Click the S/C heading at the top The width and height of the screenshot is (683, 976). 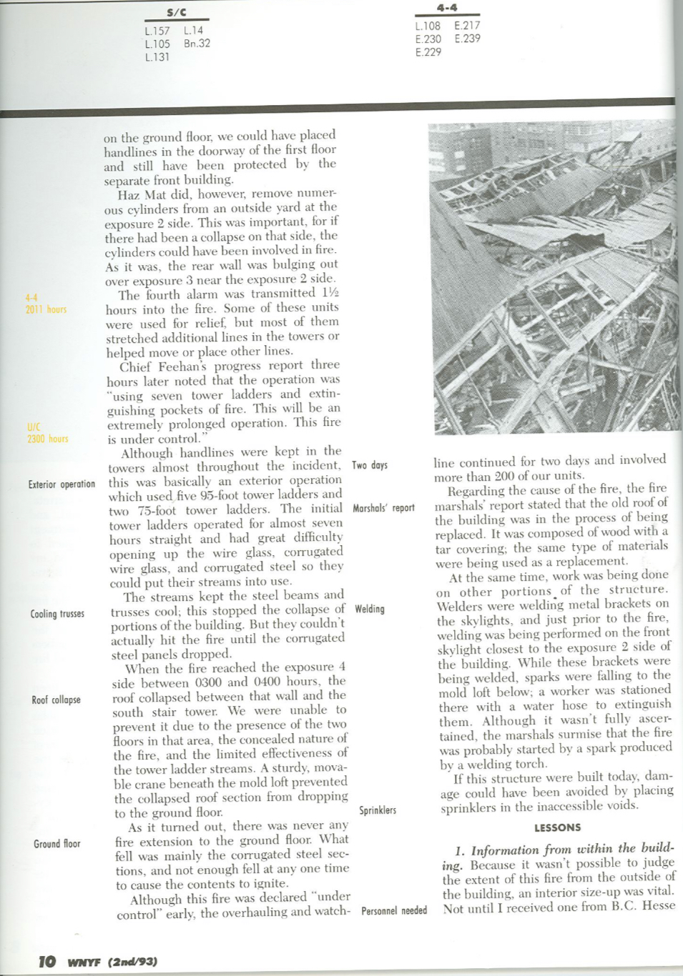(x=176, y=12)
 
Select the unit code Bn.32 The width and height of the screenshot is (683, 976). (x=197, y=44)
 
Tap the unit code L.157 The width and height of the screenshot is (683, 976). (x=157, y=31)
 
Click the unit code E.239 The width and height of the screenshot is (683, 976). (x=467, y=39)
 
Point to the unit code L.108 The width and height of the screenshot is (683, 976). (x=428, y=26)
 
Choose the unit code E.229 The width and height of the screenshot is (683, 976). (x=428, y=52)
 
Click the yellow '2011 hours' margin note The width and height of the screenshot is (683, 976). (x=46, y=309)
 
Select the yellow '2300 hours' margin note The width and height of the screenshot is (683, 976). (x=47, y=439)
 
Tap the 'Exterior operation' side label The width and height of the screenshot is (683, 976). (x=62, y=484)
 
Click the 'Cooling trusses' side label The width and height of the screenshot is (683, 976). (x=57, y=614)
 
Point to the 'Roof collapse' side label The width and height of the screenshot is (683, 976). (x=56, y=700)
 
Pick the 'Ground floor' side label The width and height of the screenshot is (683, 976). (x=57, y=844)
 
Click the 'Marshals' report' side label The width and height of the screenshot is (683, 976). (x=383, y=508)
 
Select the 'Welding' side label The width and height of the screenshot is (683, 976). (x=370, y=609)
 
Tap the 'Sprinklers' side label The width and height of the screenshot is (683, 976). (x=378, y=810)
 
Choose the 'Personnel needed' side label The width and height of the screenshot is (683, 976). (x=394, y=911)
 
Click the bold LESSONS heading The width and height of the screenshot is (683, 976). (x=557, y=827)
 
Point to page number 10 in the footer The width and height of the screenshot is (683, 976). (x=47, y=961)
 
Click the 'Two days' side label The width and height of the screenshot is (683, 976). (x=370, y=465)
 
